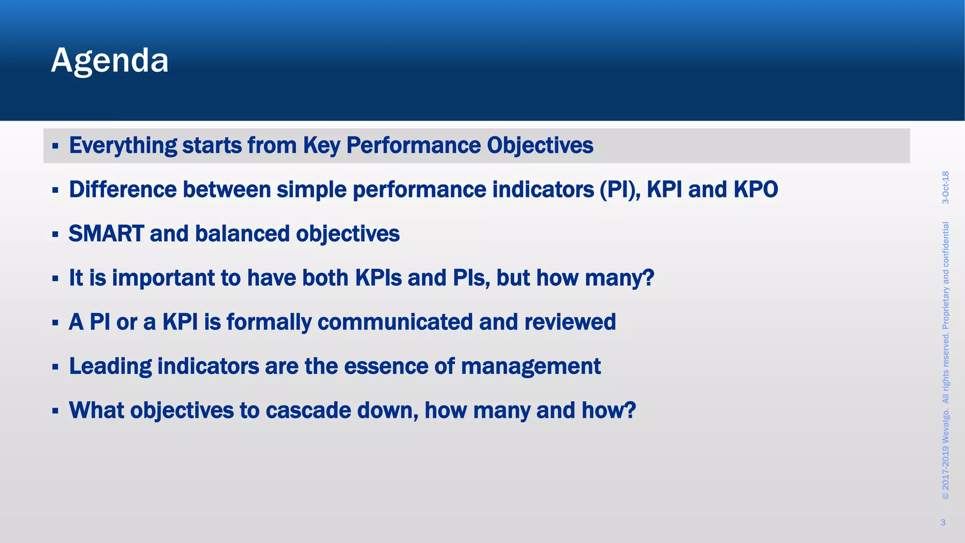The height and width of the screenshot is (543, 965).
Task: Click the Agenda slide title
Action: pyautogui.click(x=109, y=60)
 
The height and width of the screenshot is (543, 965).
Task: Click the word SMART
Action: pyautogui.click(x=106, y=234)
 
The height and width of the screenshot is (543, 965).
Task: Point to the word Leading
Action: pyautogui.click(x=110, y=366)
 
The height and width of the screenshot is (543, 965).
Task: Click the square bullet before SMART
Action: pyautogui.click(x=55, y=234)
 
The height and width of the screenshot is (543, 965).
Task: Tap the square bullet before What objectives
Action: pyautogui.click(x=55, y=411)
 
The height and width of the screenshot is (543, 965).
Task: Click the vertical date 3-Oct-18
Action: pyautogui.click(x=945, y=188)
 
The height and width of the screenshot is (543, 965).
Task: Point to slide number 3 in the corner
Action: pyautogui.click(x=943, y=522)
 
